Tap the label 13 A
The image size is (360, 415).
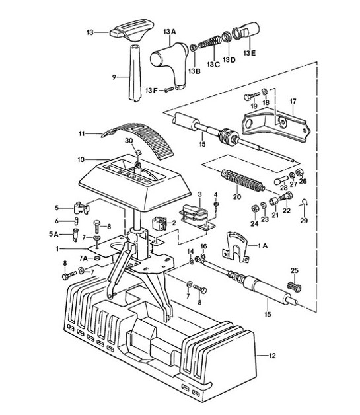coord(170,30)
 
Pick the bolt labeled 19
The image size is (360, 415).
coord(253,96)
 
